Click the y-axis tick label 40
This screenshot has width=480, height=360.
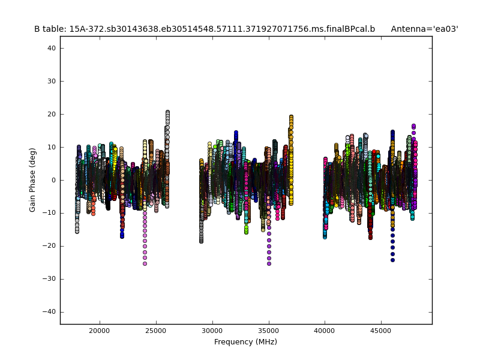tap(51, 48)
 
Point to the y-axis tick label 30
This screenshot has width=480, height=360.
tap(51, 81)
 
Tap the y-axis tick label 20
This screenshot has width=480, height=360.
tap(51, 114)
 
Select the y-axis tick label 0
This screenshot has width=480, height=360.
tap(53, 180)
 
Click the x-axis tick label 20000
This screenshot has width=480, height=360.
tap(100, 330)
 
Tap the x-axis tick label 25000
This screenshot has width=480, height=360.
tap(156, 330)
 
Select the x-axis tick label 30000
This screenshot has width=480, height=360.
tap(212, 330)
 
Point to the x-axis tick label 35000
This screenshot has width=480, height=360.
tap(269, 330)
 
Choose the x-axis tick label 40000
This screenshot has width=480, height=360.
tap(325, 330)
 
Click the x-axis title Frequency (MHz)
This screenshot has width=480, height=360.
tap(245, 342)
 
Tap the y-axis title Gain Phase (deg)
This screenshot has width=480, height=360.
tap(33, 180)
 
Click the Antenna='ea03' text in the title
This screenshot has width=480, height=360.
tap(424, 29)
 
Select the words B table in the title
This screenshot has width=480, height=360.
tap(50, 29)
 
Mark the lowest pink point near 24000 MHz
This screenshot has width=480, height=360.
tap(145, 263)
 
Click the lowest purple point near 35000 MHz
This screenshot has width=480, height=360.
tap(269, 263)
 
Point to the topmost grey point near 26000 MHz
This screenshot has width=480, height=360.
tap(167, 112)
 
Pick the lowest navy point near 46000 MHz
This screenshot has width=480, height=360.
tap(392, 260)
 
